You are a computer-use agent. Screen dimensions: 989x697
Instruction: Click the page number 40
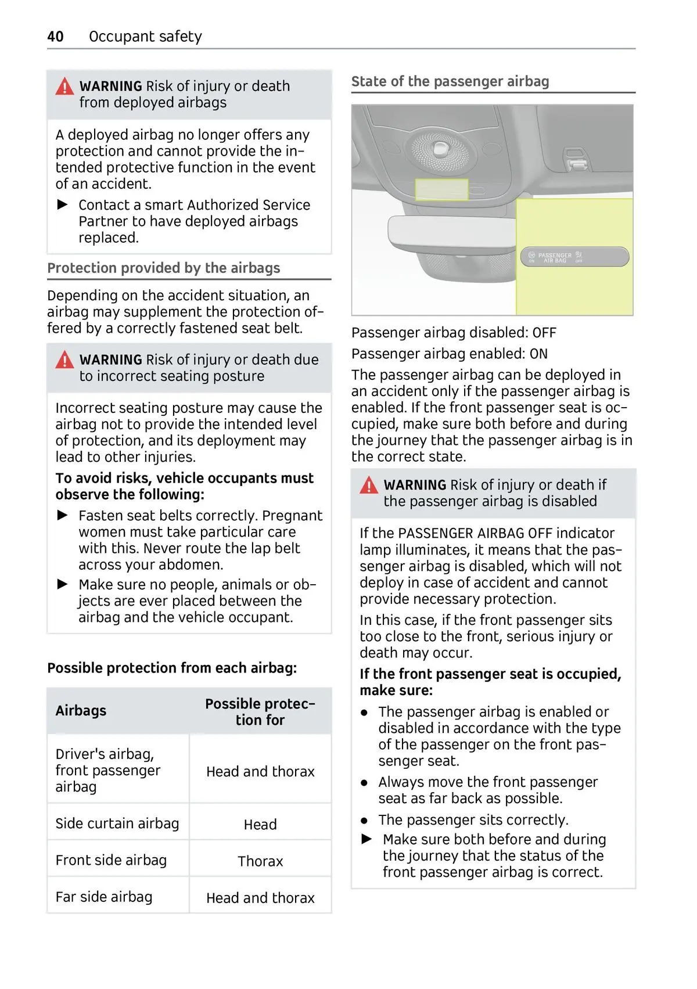click(55, 37)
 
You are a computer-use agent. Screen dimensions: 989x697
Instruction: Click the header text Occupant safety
click(145, 37)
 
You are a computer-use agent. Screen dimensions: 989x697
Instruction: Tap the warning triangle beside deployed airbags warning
click(64, 87)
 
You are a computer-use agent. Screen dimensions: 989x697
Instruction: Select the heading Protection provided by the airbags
click(163, 268)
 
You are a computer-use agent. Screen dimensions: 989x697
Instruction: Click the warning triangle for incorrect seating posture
click(64, 361)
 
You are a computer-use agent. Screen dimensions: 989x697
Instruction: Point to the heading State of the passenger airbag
click(450, 81)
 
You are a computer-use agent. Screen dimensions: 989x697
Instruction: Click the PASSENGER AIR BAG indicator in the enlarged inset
click(572, 257)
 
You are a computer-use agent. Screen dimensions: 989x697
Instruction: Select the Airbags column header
click(81, 711)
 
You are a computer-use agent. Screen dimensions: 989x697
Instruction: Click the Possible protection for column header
click(260, 711)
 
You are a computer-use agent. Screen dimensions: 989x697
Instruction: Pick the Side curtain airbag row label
click(117, 823)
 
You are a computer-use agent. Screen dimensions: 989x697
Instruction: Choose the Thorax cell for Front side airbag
click(260, 861)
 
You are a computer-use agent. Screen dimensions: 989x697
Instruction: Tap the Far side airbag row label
click(104, 897)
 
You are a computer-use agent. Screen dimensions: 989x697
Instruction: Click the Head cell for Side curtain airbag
click(260, 825)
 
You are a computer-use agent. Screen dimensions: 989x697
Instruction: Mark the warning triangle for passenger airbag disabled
click(369, 485)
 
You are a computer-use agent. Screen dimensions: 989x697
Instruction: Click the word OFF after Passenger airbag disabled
click(544, 333)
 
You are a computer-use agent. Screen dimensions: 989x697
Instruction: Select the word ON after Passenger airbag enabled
click(538, 354)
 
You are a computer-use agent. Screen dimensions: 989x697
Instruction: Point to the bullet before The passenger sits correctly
click(364, 821)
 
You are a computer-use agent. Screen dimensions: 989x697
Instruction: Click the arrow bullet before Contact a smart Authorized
click(63, 205)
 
